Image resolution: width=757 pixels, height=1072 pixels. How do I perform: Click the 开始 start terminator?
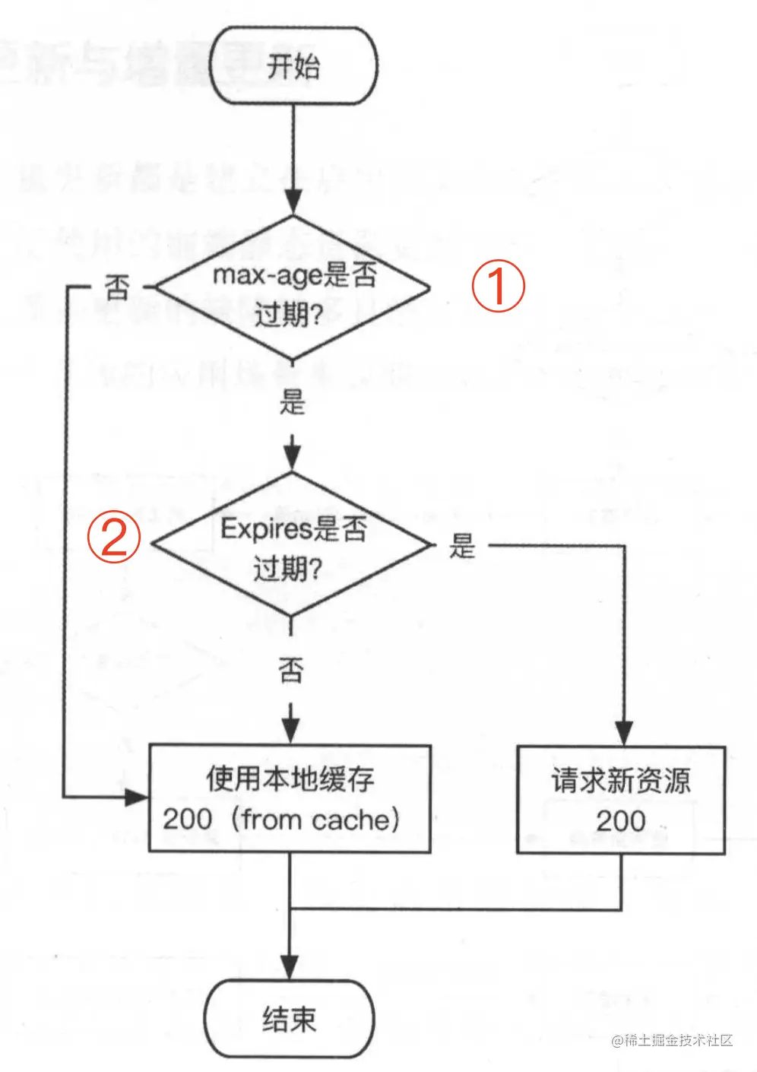click(293, 65)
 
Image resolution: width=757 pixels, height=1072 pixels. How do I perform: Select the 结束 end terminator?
click(289, 1018)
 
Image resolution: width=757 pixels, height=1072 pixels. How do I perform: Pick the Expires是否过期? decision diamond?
click(292, 544)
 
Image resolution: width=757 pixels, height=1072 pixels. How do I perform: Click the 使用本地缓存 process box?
click(290, 798)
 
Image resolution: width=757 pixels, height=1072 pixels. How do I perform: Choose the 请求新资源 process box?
click(621, 800)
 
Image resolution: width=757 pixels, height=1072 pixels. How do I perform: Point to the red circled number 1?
click(499, 286)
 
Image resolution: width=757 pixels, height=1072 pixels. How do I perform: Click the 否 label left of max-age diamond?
click(117, 287)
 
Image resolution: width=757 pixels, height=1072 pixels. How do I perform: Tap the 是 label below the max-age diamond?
click(292, 401)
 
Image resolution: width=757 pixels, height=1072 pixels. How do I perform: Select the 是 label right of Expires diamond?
click(462, 545)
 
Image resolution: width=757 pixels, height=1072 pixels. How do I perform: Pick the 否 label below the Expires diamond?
click(290, 670)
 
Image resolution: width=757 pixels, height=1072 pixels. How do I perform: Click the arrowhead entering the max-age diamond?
click(293, 203)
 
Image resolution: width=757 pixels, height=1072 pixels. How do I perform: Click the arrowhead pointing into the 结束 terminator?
click(290, 967)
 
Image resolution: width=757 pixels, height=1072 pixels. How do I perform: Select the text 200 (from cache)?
click(281, 820)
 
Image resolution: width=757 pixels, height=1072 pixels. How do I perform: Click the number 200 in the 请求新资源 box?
click(620, 821)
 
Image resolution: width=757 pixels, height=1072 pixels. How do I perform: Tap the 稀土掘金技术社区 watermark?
click(672, 1040)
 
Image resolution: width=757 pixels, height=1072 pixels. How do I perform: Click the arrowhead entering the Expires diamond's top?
click(292, 456)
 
